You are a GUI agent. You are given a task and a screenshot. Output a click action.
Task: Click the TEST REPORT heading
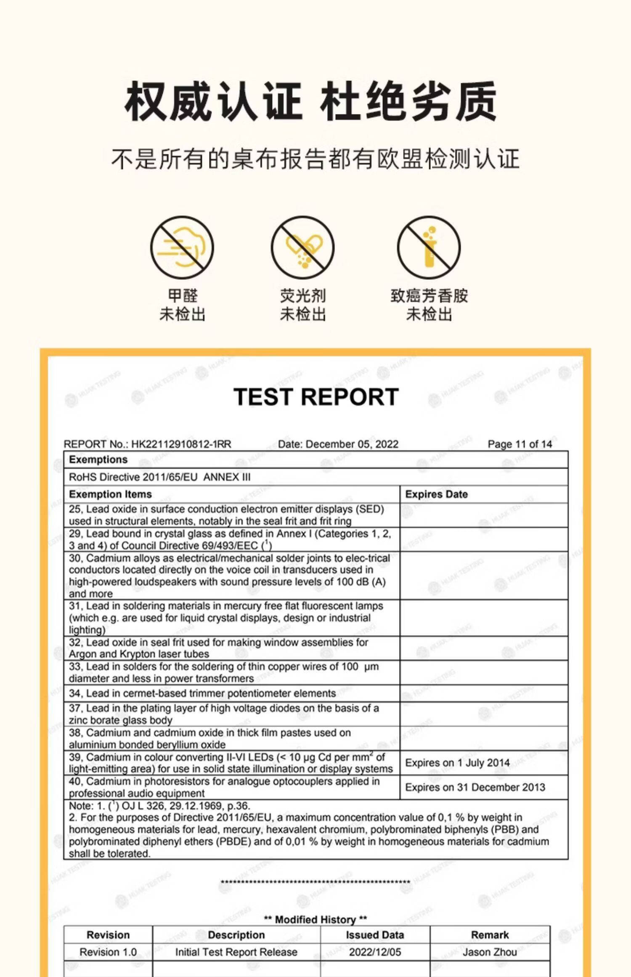point(315,397)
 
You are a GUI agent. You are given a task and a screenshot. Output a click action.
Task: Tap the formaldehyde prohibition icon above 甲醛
point(182,247)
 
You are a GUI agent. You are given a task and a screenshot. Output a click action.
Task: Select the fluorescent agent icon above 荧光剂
point(302,247)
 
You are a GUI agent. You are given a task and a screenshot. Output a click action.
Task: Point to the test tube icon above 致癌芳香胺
point(429,247)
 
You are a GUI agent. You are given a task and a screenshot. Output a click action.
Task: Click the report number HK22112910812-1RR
point(181,444)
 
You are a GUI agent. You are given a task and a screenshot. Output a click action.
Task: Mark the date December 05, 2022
point(352,444)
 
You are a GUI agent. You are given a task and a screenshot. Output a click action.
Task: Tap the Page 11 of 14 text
point(520,444)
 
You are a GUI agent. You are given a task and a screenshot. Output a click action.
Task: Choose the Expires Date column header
point(436,494)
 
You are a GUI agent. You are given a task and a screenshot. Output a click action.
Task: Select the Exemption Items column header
point(110,494)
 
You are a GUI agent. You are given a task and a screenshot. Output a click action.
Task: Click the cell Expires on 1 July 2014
point(457,763)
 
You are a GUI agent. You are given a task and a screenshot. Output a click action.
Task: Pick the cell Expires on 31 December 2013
point(475,787)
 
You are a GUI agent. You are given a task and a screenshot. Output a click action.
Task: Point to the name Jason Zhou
point(490,952)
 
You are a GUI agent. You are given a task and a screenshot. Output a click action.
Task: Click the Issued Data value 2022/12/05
point(375,952)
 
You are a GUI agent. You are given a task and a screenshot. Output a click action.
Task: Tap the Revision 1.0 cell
point(108,952)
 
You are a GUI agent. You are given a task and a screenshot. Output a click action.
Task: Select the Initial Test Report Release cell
point(236,952)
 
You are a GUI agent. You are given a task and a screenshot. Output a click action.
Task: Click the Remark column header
point(490,935)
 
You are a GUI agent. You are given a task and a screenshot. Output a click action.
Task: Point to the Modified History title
point(315,919)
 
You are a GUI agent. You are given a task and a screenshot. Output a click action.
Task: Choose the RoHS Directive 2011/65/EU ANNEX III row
point(159,477)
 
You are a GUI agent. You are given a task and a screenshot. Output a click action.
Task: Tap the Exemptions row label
point(98,459)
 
